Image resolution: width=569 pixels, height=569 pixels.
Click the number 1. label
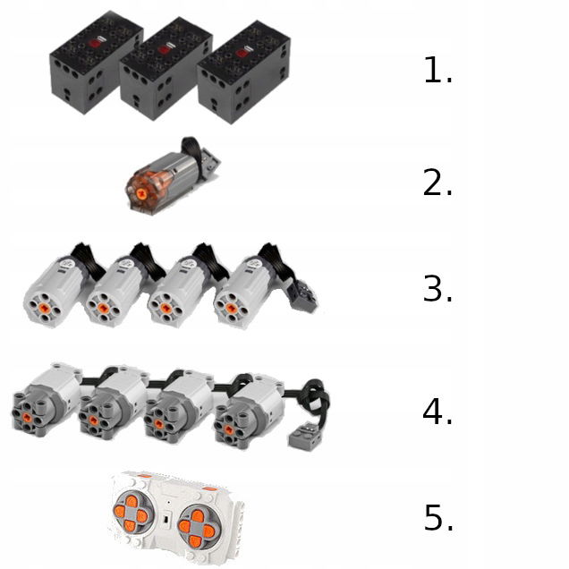(x=438, y=71)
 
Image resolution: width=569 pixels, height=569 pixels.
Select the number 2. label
(x=437, y=183)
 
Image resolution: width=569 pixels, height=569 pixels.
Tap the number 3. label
(x=437, y=288)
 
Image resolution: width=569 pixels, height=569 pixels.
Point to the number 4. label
(x=437, y=411)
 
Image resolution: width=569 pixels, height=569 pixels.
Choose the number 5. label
(x=438, y=517)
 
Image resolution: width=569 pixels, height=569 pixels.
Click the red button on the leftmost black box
(x=96, y=43)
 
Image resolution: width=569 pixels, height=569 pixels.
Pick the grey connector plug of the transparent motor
(x=209, y=159)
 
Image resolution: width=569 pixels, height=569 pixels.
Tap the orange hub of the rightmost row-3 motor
(x=231, y=308)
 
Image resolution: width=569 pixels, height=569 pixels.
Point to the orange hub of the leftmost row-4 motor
(x=27, y=416)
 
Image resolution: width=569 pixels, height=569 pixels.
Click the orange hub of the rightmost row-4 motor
(x=229, y=429)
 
